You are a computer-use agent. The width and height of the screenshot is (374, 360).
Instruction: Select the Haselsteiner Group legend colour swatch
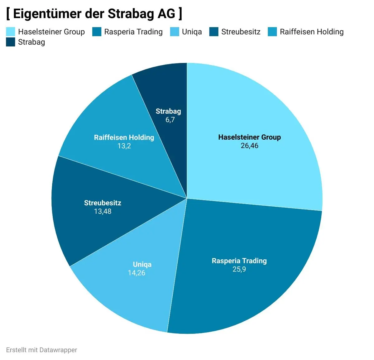click(11, 32)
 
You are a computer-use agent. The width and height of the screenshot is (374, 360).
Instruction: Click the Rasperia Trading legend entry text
click(133, 32)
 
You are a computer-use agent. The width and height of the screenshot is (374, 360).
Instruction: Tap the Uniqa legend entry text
click(192, 32)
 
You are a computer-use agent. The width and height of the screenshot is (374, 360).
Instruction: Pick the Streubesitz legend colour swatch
click(214, 32)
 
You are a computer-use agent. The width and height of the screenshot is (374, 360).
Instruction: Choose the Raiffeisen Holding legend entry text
click(311, 32)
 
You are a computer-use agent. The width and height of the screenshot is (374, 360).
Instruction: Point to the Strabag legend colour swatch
click(11, 42)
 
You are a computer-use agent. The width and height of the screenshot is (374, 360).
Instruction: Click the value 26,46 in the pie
click(249, 146)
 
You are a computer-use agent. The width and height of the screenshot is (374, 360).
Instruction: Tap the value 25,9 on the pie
click(239, 269)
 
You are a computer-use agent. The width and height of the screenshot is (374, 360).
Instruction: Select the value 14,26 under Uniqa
click(137, 273)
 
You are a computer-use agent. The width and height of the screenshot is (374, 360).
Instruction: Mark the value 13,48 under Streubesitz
click(103, 211)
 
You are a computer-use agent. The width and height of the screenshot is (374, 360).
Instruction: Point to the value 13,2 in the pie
click(124, 146)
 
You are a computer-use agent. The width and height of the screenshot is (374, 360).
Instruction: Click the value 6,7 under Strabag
click(170, 120)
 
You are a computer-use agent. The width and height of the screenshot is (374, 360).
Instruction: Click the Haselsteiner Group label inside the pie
click(249, 137)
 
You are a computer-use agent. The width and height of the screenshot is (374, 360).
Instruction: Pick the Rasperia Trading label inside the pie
click(239, 261)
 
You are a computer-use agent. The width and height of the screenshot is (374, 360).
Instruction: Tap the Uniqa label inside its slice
click(142, 264)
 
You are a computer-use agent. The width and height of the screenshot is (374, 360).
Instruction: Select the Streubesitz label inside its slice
click(103, 203)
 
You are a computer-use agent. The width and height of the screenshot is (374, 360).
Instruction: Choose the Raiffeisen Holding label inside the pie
click(124, 137)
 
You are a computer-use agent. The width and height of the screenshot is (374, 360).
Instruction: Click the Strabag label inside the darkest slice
click(168, 111)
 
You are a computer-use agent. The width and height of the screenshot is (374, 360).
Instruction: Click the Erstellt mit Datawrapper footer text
click(41, 350)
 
